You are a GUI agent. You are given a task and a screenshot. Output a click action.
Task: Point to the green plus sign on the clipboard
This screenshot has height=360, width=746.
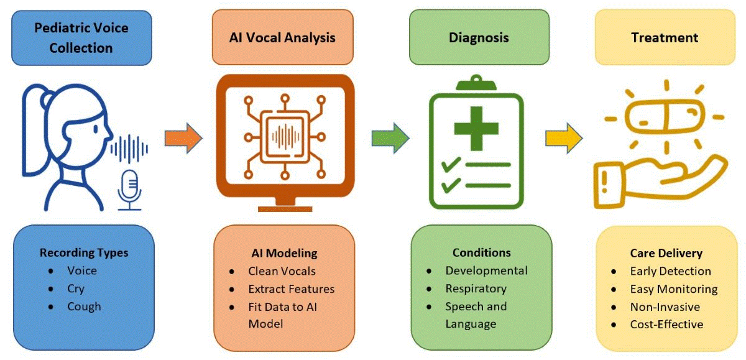pyautogui.click(x=477, y=127)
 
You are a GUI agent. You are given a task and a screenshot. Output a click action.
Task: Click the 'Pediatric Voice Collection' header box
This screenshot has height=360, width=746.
pyautogui.click(x=82, y=39)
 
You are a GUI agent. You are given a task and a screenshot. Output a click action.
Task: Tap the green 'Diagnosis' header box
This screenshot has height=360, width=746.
pyautogui.click(x=479, y=38)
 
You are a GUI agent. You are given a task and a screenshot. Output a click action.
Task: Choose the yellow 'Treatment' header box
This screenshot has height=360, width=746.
pyautogui.click(x=665, y=38)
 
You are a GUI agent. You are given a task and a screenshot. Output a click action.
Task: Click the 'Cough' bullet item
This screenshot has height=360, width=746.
pyautogui.click(x=84, y=307)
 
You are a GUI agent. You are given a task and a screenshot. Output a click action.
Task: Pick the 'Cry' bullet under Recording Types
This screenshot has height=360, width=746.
pyautogui.click(x=76, y=288)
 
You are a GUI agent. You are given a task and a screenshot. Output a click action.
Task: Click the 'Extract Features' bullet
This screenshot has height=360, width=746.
pyautogui.click(x=291, y=288)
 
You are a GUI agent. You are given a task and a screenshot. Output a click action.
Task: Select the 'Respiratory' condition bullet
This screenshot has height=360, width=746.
pyautogui.click(x=476, y=288)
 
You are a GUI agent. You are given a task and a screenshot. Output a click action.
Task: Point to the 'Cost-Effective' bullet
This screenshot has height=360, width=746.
pyautogui.click(x=666, y=325)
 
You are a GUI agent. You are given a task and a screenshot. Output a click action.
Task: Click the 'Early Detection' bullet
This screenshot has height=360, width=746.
pyautogui.click(x=670, y=271)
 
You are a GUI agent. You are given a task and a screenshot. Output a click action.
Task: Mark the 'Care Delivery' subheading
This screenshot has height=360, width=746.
pyautogui.click(x=666, y=253)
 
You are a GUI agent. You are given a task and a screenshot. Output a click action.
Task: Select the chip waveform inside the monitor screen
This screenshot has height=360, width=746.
pyautogui.click(x=285, y=136)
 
